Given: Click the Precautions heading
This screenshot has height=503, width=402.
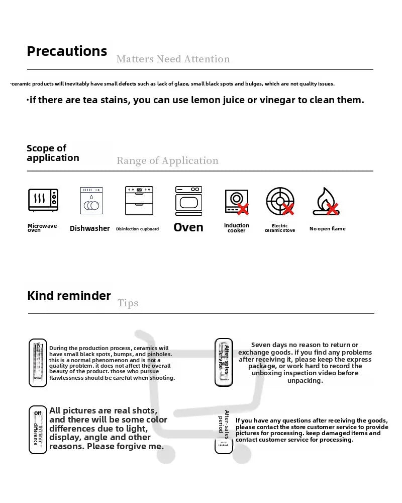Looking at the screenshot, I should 67,51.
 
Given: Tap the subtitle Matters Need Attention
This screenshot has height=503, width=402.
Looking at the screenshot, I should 173,59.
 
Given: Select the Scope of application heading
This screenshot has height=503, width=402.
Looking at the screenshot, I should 53,153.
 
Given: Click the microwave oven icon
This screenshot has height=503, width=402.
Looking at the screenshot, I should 43,200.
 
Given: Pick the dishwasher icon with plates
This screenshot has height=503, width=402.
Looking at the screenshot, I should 91,201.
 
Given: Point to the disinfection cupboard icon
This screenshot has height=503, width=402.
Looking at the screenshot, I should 139,201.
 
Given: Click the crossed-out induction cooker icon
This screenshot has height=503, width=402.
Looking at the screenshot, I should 236,202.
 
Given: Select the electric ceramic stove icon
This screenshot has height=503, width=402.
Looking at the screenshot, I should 280,201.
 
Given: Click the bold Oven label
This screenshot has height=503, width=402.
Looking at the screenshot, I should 188,227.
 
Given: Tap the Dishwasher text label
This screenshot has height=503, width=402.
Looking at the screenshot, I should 89,228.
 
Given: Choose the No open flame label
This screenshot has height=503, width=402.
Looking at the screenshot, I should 327,229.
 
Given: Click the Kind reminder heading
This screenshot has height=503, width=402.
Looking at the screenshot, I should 69,296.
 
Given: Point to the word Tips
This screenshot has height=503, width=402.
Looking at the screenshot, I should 128,303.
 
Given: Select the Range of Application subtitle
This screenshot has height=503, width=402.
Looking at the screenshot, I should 167,161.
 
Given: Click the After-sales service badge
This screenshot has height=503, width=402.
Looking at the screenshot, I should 224,362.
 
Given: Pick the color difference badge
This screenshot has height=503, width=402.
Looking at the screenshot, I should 38,429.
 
